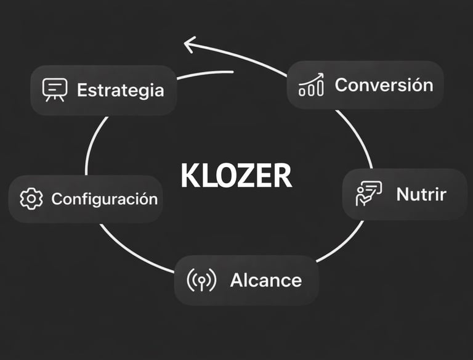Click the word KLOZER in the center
pyautogui.click(x=236, y=176)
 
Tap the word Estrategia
pyautogui.click(x=120, y=90)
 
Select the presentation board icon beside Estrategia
pyautogui.click(x=54, y=89)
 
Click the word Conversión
pyautogui.click(x=384, y=84)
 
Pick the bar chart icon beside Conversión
pyautogui.click(x=311, y=85)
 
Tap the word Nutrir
pyautogui.click(x=421, y=194)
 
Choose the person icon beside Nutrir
pyautogui.click(x=368, y=194)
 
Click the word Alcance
pyautogui.click(x=265, y=280)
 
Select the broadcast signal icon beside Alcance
pyautogui.click(x=201, y=280)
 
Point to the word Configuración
pyautogui.click(x=104, y=199)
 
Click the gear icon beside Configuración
pyautogui.click(x=31, y=199)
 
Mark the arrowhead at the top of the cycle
pyautogui.click(x=188, y=44)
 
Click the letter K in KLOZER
pyautogui.click(x=190, y=176)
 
